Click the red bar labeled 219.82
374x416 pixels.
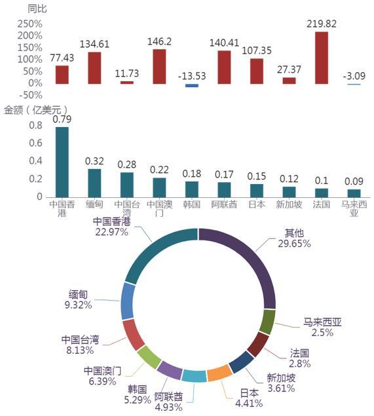322,58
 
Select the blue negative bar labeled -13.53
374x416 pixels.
192,85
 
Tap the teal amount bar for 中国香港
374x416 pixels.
62,162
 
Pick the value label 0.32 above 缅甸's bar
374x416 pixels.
94,161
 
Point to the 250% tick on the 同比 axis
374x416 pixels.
30,24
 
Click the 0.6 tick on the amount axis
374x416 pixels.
35,143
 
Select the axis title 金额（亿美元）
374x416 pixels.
35,110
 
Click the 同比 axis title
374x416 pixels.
37,9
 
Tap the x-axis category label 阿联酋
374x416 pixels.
224,204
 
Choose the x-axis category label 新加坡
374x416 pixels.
289,204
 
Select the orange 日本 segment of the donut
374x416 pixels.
219,373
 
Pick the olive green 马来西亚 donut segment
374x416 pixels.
267,322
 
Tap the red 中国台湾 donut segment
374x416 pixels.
134,335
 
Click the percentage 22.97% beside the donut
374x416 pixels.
111,232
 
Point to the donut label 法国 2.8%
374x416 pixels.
300,358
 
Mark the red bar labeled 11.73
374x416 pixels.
127,83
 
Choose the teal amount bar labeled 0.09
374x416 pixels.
354,193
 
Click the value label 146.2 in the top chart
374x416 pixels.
159,42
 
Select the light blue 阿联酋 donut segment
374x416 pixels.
194,376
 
